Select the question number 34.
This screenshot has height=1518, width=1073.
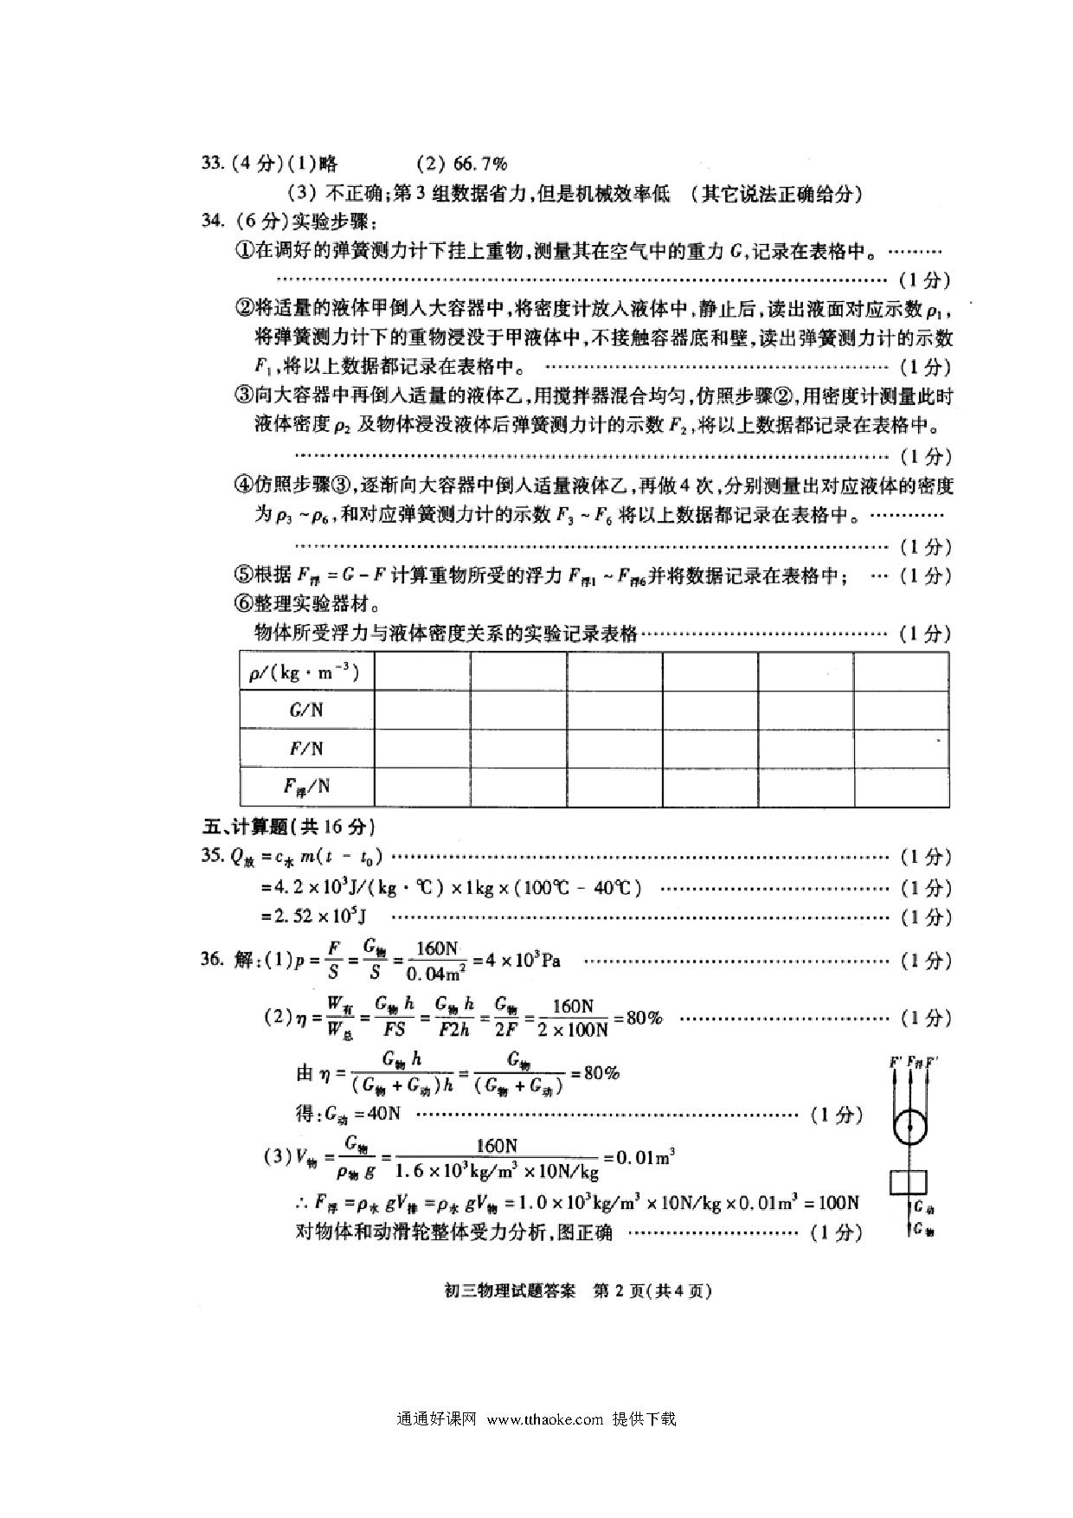tap(213, 220)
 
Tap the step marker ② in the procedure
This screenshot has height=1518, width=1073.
tap(244, 307)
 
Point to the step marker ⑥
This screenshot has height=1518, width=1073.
tap(244, 603)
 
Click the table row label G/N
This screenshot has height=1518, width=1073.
tap(306, 710)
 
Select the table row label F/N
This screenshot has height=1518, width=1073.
tap(306, 749)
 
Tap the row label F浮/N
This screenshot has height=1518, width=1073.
tap(306, 787)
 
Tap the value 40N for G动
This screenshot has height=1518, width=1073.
tap(382, 1114)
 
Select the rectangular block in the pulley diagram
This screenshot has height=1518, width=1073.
tap(909, 1181)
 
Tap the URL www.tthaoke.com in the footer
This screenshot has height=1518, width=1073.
tap(545, 1418)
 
